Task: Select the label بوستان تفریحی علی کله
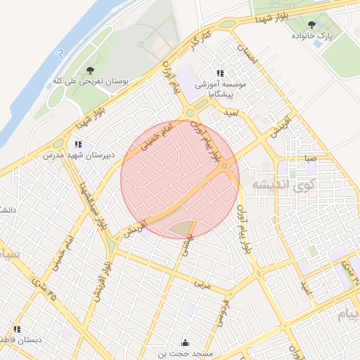click(89, 82)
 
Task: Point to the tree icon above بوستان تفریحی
click(90, 70)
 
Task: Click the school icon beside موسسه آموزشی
click(220, 73)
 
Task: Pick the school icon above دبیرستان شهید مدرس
click(78, 144)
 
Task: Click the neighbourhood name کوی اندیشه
click(282, 186)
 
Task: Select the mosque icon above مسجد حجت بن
click(184, 343)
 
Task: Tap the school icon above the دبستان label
click(15, 329)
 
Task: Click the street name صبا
click(310, 160)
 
